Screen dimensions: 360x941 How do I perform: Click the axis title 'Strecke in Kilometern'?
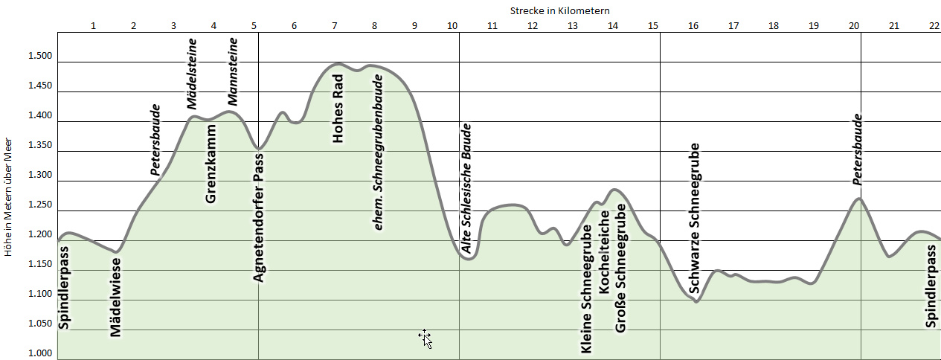561,10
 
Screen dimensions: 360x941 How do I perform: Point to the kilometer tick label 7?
335,26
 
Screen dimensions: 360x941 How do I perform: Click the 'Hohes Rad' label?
338,109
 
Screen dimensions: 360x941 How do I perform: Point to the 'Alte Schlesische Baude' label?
467,190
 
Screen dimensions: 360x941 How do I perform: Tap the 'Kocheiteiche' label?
604,251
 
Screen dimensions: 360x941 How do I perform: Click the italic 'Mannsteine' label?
233,77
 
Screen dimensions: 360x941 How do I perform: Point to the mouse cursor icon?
425,338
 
